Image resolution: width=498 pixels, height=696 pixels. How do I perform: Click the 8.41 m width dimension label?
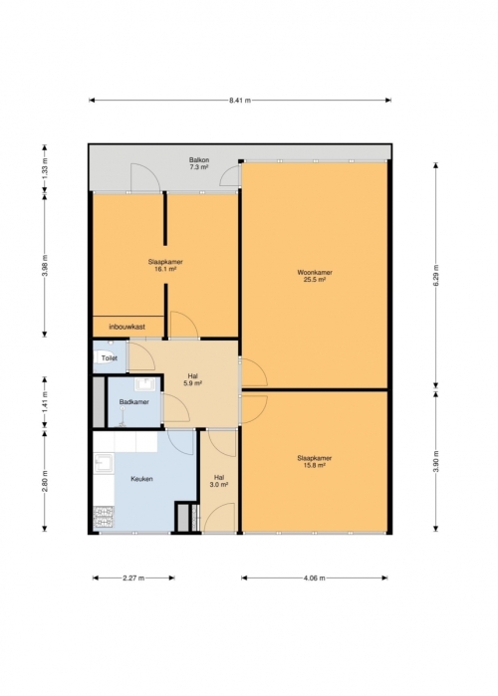point(240,101)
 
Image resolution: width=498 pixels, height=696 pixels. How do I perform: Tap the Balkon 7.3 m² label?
point(199,163)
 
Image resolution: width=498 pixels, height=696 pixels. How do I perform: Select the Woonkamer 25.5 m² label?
point(315,276)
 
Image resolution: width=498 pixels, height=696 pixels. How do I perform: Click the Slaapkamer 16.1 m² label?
point(165,266)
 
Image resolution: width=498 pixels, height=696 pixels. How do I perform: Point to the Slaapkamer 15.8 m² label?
point(315,462)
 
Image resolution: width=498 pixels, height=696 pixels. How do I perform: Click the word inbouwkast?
point(127,327)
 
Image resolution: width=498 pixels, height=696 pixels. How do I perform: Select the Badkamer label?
point(134,402)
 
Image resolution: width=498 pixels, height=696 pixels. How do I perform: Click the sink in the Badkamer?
point(144,384)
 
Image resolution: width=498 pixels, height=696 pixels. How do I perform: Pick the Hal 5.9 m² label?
point(192,379)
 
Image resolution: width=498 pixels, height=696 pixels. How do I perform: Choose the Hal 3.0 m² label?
point(219,482)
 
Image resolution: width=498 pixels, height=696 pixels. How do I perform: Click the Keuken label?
point(141,479)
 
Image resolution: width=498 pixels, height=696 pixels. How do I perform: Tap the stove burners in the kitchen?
point(104,517)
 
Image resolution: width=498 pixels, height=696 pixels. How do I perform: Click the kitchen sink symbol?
point(104,463)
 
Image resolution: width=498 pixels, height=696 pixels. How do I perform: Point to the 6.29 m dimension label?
point(436,275)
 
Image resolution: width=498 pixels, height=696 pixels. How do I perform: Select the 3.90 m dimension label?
point(436,461)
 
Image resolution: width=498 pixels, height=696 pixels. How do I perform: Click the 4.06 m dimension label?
point(315,578)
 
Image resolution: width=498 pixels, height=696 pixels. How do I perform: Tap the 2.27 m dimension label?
point(133,578)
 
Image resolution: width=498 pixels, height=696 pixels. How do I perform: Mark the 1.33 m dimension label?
point(45,167)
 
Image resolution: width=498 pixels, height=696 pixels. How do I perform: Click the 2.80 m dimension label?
point(45,481)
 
